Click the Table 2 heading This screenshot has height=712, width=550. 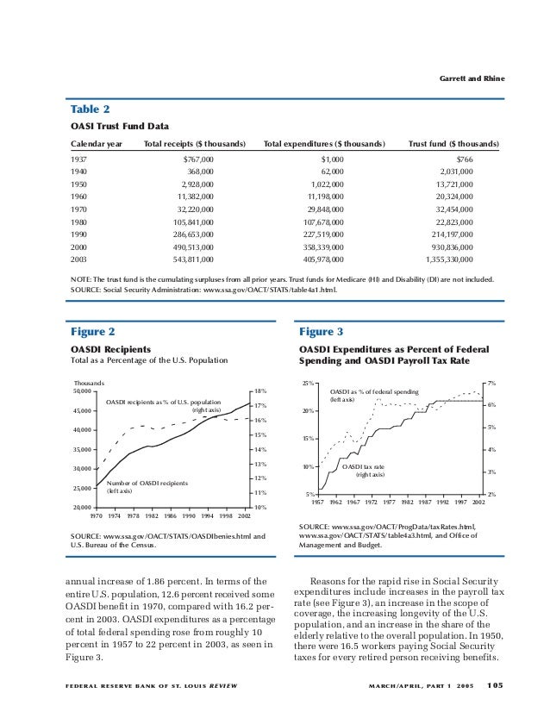pyautogui.click(x=90, y=110)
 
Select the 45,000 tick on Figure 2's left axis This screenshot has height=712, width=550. pyautogui.click(x=82, y=410)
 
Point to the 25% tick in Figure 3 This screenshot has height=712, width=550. pyautogui.click(x=307, y=383)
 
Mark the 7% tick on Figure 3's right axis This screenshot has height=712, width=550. pyautogui.click(x=491, y=383)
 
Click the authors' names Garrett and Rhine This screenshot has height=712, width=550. pyautogui.click(x=472, y=80)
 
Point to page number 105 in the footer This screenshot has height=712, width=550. pyautogui.click(x=495, y=686)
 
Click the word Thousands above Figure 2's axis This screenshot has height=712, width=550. pyautogui.click(x=89, y=383)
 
